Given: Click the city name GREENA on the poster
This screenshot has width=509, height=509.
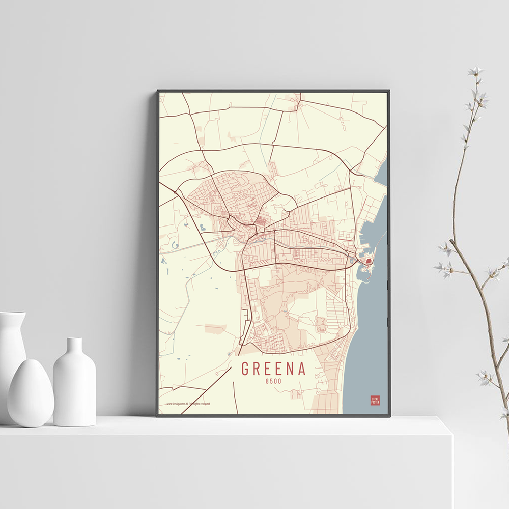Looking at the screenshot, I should (x=273, y=369).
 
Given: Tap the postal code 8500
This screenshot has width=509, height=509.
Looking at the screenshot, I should (x=273, y=381).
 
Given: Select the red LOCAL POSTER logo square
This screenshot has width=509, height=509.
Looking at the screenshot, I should (x=375, y=400).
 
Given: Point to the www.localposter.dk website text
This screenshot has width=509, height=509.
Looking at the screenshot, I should (x=178, y=404).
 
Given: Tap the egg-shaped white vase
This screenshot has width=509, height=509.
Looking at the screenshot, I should (x=31, y=392).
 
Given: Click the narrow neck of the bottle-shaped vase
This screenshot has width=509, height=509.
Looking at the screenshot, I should (x=74, y=346).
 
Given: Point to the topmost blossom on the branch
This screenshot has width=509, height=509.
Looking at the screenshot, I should (x=475, y=71).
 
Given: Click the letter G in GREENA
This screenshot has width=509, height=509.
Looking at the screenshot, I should (x=245, y=369).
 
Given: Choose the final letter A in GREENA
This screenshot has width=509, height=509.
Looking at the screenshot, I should (x=302, y=369).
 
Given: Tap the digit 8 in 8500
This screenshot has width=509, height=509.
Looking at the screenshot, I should (x=267, y=381).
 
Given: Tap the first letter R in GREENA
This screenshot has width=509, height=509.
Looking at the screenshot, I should (x=257, y=369).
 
